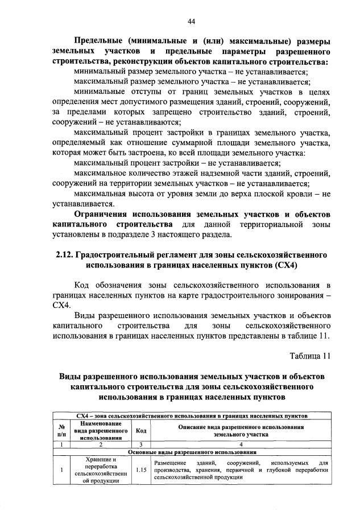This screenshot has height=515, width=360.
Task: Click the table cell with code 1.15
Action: tap(140, 470)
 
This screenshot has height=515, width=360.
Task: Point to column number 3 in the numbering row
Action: tap(140, 444)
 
